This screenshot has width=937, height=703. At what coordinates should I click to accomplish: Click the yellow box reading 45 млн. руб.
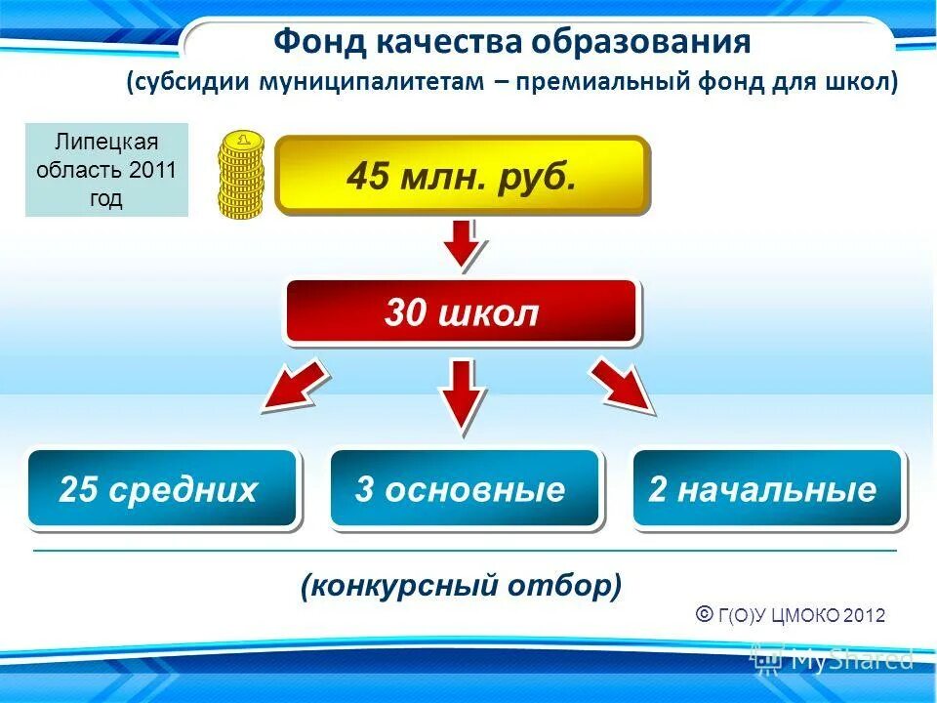[x=462, y=176]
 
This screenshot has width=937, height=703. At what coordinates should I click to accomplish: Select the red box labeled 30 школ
[x=461, y=312]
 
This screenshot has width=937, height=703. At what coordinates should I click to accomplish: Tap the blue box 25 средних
[x=161, y=489]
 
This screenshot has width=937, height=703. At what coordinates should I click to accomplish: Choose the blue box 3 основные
[x=464, y=489]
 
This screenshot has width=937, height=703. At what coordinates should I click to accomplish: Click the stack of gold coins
[x=241, y=175]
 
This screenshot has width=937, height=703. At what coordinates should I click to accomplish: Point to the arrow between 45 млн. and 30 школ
[x=461, y=245]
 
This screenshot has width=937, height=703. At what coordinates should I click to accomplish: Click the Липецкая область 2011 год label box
[x=106, y=170]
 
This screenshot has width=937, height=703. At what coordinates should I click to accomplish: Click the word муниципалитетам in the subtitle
[x=370, y=82]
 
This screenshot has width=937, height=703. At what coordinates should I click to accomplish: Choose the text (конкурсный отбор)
[x=461, y=586]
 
